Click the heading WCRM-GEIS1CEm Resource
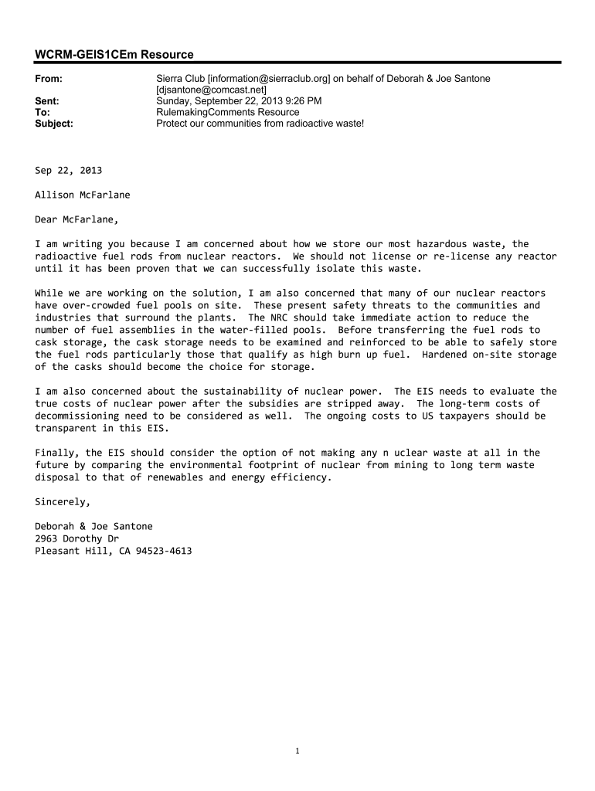point(114,54)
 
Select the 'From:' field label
point(49,79)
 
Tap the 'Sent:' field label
point(48,100)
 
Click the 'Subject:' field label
point(54,123)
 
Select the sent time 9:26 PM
point(301,100)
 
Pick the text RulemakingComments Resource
point(227,112)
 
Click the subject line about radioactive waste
point(260,123)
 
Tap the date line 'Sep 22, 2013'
point(68,170)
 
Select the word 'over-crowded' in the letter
point(98,305)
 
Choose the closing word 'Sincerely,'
point(63,501)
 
